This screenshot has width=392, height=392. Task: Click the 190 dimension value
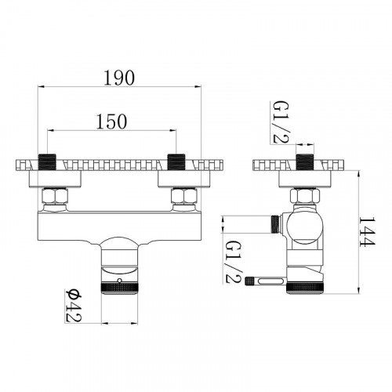119,78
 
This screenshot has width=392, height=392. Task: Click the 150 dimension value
111,122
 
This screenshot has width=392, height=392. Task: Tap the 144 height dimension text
367,231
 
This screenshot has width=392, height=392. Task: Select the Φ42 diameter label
74,306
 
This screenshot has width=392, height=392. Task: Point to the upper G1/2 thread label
281,122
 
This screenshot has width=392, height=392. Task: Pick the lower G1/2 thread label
234,262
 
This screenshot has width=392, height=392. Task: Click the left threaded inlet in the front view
47,162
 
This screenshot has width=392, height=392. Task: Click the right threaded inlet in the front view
176,162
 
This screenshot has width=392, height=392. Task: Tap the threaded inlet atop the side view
305,162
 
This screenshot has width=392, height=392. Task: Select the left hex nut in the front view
56,195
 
